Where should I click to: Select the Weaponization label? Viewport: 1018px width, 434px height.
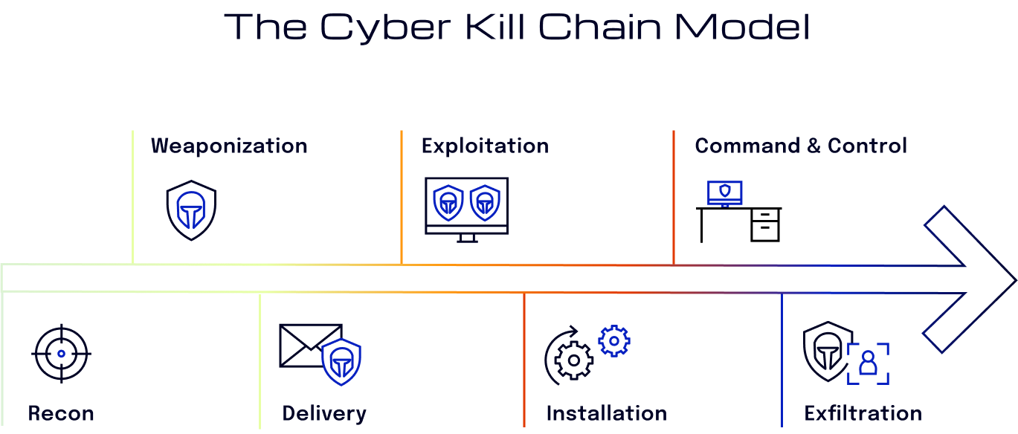click(x=229, y=146)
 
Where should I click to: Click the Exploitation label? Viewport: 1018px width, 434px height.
click(x=485, y=146)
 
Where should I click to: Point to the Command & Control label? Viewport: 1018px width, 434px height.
click(x=801, y=146)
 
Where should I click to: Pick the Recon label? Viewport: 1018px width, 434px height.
click(x=61, y=413)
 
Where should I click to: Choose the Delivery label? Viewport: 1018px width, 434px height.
click(x=324, y=413)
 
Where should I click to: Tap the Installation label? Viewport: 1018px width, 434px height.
click(x=606, y=413)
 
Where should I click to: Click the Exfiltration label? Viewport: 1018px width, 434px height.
click(x=863, y=413)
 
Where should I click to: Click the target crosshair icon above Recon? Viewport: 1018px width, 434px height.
click(x=61, y=354)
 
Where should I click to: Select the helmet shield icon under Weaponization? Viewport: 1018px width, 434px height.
click(x=191, y=210)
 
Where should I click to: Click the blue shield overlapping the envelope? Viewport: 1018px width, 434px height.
click(x=341, y=362)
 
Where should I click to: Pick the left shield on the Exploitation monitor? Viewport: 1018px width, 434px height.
click(x=448, y=203)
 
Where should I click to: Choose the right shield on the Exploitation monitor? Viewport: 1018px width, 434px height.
click(x=485, y=203)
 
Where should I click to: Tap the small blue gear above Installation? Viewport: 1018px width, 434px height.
click(x=614, y=340)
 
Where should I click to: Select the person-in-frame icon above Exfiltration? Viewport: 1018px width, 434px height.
click(x=868, y=363)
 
